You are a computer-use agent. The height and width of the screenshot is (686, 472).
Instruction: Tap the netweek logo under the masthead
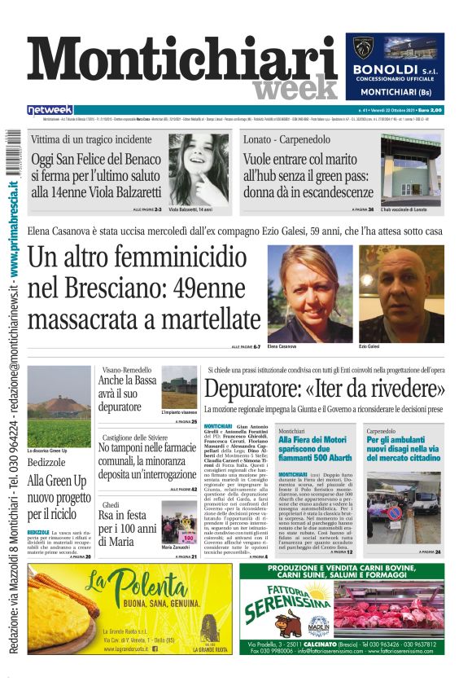point(50,110)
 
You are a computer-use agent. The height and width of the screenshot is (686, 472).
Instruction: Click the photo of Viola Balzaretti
point(198,169)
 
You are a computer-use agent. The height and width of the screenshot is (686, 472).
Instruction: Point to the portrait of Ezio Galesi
point(401,293)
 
